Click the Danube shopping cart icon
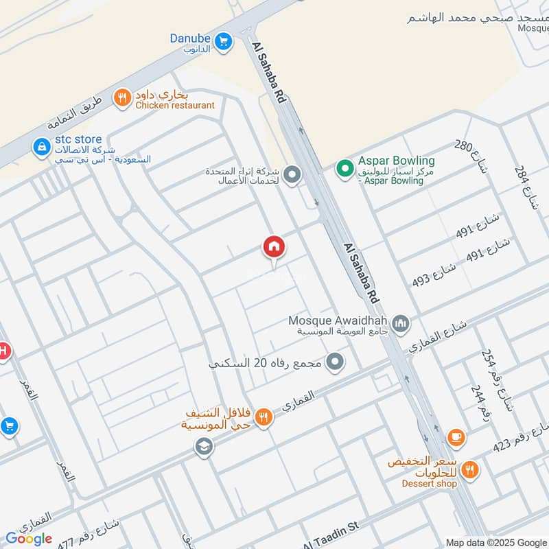tap(222, 43)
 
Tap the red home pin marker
tap(273, 247)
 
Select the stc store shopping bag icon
tap(42, 147)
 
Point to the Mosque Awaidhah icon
tap(401, 322)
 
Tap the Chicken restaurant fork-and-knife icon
tap(122, 99)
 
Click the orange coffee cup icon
tap(455, 436)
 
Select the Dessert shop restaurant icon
tap(470, 470)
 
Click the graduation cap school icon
tap(203, 447)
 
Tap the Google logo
tap(29, 539)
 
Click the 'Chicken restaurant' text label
tap(175, 106)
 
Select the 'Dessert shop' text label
tap(429, 483)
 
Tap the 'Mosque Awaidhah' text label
tap(338, 320)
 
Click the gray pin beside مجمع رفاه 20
tap(335, 361)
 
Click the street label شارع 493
tap(434, 274)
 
